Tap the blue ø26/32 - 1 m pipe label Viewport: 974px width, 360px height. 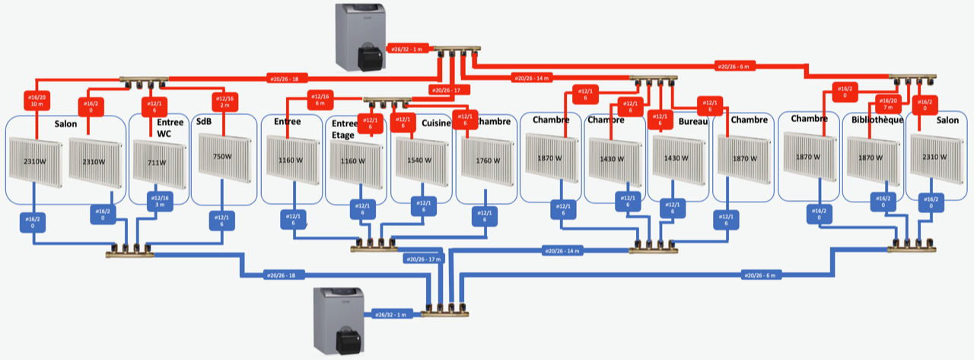tap(392, 314)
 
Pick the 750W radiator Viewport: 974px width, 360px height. tap(221, 157)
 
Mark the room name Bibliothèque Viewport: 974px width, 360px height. tap(877, 120)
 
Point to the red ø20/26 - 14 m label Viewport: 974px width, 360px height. tap(531, 78)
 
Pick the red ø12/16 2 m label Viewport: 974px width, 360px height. tap(224, 101)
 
